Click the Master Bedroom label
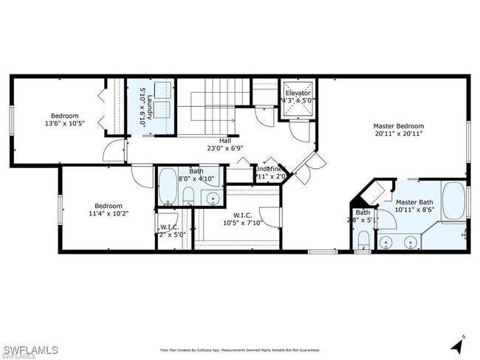398,125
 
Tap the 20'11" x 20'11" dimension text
398,134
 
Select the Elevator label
298,93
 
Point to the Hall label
224,140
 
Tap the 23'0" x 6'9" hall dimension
224,148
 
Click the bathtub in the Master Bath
453,200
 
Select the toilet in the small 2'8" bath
363,240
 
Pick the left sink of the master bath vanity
386,240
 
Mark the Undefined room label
270,169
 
